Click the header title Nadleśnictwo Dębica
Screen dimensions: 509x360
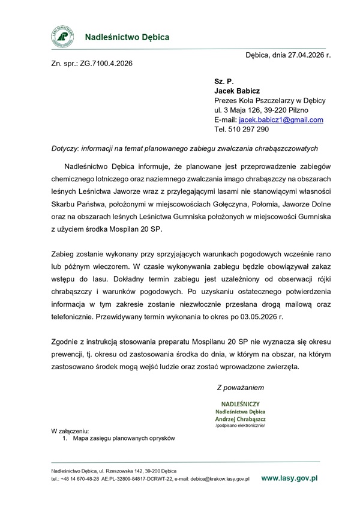coord(127,37)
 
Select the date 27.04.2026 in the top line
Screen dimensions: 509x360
coord(305,54)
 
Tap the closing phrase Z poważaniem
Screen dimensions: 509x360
coord(240,388)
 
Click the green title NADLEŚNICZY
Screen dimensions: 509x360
coord(240,404)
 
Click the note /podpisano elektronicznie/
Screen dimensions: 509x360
coord(240,425)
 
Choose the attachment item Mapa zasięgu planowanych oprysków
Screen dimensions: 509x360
coord(123,439)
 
